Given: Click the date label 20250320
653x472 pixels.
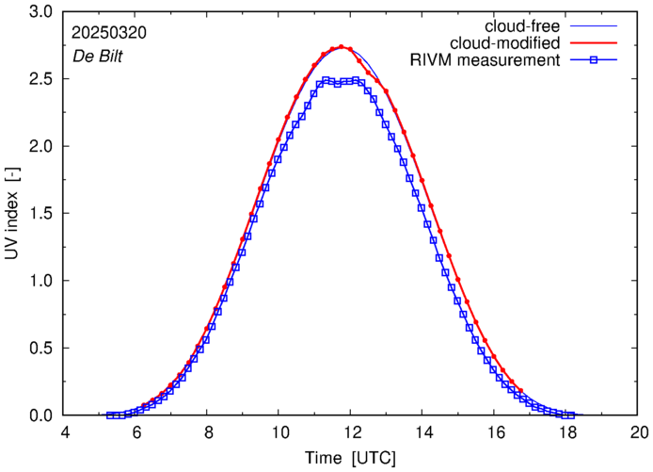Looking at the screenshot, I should coord(107,32).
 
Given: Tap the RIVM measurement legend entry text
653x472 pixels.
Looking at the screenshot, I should coord(486,61).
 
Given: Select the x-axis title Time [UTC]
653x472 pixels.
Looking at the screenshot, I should coord(351,458).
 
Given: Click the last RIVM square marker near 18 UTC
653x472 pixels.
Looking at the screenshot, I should coord(570,415).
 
